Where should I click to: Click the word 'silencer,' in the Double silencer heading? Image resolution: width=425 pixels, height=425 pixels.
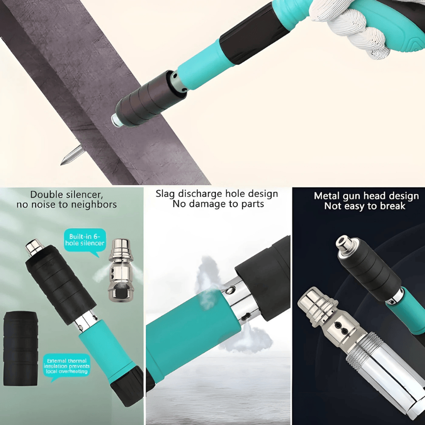tap(83, 195)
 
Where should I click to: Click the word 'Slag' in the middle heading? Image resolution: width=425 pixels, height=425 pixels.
tap(167, 194)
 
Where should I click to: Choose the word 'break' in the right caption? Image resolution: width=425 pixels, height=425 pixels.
tap(391, 206)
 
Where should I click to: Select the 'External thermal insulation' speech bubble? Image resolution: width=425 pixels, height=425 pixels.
tap(67, 366)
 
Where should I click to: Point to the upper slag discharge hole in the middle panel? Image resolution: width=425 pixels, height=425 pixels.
tap(230, 291)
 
